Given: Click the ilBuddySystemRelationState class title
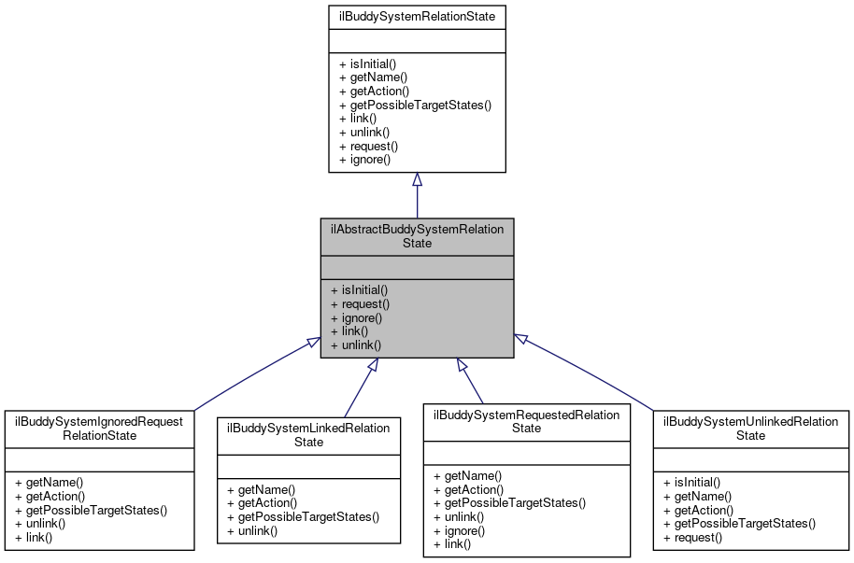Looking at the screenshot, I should click(x=417, y=16).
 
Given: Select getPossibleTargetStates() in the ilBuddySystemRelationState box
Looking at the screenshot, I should click(x=415, y=105).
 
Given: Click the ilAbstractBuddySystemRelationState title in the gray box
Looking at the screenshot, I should click(x=417, y=235).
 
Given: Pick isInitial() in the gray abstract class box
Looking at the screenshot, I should click(x=359, y=289).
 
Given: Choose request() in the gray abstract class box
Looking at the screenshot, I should click(x=360, y=303).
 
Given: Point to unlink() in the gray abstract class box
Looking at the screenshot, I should click(x=356, y=345).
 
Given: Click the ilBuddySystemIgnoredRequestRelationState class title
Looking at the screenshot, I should click(x=99, y=428).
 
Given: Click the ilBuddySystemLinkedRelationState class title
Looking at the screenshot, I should click(x=308, y=434).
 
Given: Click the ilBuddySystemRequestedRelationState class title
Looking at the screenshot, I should click(x=526, y=421).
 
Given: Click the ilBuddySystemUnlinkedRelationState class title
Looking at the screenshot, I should click(x=750, y=428).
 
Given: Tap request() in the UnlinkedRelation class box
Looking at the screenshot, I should click(x=692, y=537).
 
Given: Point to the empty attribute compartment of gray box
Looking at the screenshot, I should click(x=417, y=267).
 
